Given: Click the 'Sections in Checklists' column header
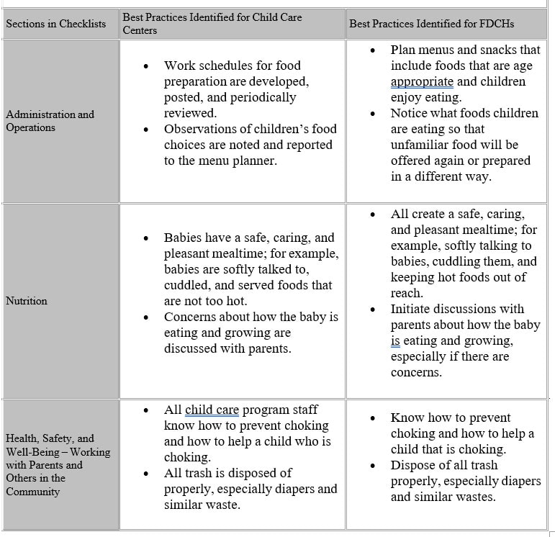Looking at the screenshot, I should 55,24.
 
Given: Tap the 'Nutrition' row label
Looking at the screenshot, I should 27,301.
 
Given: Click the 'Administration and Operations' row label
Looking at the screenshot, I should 50,121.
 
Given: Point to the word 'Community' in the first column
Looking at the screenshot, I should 33,492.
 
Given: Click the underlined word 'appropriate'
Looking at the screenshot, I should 422,81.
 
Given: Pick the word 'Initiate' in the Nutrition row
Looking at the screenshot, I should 413,309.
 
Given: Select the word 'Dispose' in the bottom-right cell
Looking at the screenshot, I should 414,465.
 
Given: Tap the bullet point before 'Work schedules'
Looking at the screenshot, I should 147,66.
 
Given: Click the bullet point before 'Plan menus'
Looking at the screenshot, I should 372,50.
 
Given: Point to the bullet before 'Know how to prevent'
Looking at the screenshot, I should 372,418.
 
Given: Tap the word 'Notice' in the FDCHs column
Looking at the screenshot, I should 410,113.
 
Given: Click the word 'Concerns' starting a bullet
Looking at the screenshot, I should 191,317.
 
